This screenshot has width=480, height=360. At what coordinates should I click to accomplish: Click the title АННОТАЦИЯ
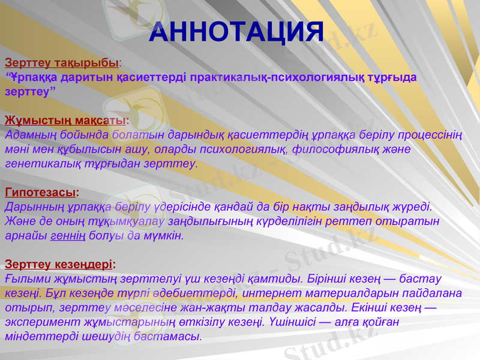[x=236, y=32]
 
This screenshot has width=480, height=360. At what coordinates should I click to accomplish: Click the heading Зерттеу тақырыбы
[x=62, y=62]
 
